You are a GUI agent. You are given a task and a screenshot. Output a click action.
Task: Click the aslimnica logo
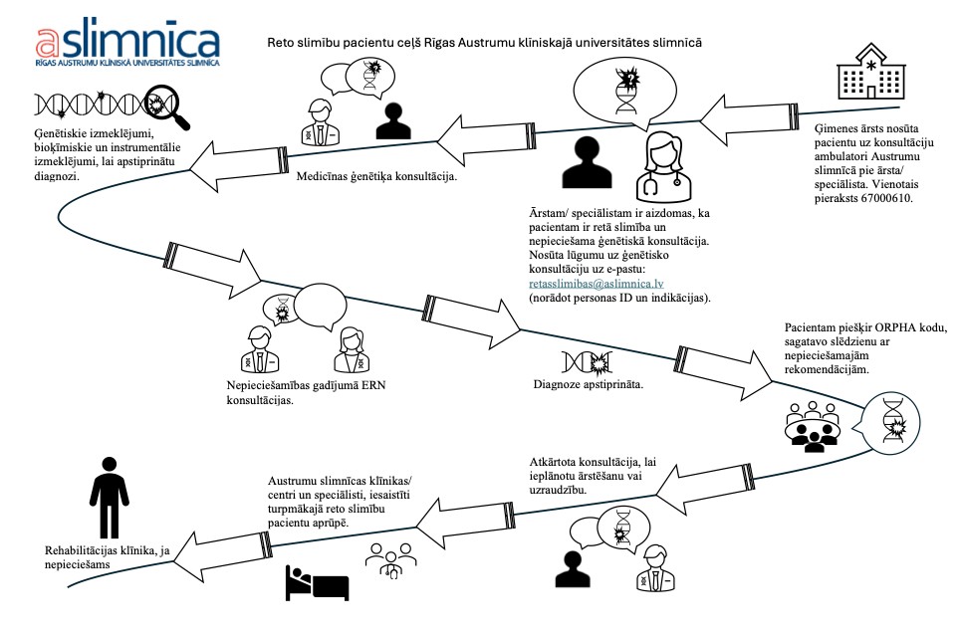click(127, 42)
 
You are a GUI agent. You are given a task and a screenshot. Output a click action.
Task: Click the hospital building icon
click(871, 71)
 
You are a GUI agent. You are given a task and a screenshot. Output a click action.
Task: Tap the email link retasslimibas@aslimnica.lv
click(597, 284)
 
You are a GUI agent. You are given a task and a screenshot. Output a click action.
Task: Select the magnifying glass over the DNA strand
click(164, 106)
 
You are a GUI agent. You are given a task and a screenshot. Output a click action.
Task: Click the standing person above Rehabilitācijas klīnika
click(110, 498)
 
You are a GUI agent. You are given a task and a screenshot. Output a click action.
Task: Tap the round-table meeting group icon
click(813, 427)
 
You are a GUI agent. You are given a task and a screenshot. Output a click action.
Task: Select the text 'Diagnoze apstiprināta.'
click(589, 384)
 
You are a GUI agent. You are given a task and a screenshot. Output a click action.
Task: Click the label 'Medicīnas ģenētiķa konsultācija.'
click(376, 176)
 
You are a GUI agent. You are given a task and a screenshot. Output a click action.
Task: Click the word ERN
click(371, 386)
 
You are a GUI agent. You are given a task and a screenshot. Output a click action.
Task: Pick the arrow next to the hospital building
click(749, 120)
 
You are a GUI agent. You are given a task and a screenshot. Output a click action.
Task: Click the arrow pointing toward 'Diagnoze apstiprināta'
click(472, 323)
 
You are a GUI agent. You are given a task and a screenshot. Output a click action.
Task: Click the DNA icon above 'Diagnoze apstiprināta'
click(588, 362)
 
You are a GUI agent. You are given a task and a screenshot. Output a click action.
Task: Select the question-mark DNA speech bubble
click(625, 92)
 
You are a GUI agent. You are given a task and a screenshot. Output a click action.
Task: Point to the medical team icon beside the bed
click(390, 559)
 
